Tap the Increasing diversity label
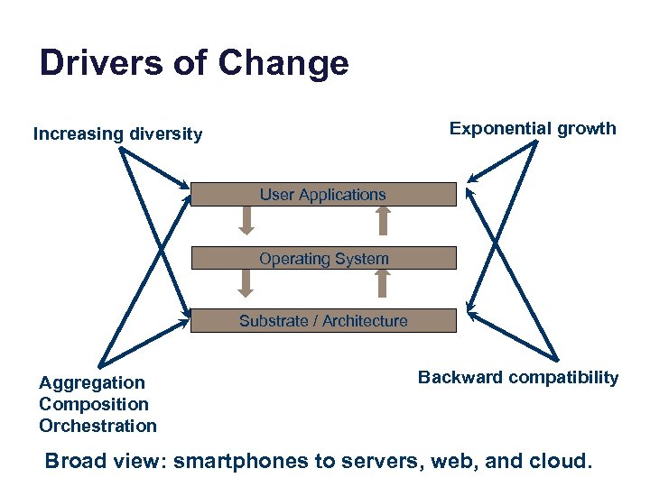pyautogui.click(x=118, y=134)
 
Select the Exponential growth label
pyautogui.click(x=533, y=128)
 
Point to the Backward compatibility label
pyautogui.click(x=518, y=377)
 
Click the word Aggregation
pyautogui.click(x=91, y=383)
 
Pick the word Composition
pyautogui.click(x=94, y=404)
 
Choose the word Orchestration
pyautogui.click(x=97, y=426)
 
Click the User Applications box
pyautogui.click(x=323, y=195)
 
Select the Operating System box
pyautogui.click(x=323, y=259)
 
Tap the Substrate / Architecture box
pyautogui.click(x=323, y=321)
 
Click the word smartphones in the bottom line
pyautogui.click(x=239, y=462)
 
